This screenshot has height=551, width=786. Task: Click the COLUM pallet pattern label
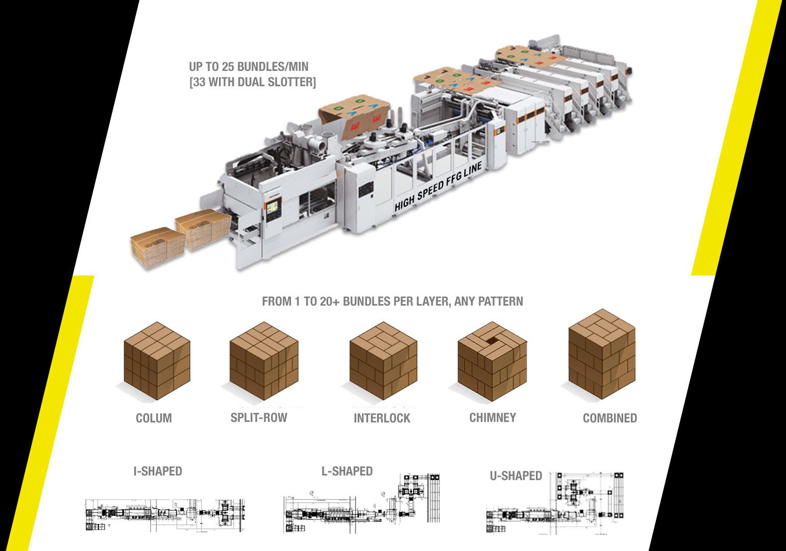tap(154, 418)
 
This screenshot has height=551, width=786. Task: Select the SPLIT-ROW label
tap(259, 417)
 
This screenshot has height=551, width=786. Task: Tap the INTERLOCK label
tap(382, 418)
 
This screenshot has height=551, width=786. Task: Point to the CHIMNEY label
tap(493, 417)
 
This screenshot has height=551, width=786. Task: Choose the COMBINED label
tap(610, 418)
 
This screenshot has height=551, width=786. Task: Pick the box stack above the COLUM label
tap(157, 361)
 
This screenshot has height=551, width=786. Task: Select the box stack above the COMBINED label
tap(602, 354)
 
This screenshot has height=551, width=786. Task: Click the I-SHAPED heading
tap(158, 471)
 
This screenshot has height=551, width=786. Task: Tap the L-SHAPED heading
tap(347, 471)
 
